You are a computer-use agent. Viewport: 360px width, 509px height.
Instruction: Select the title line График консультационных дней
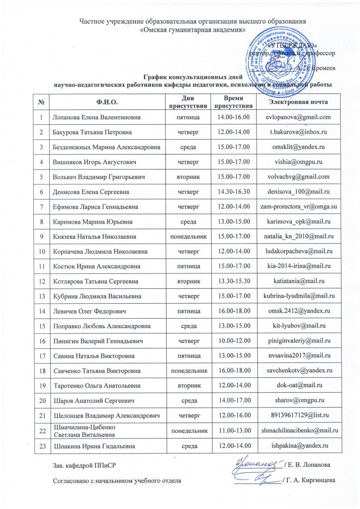pos(192,78)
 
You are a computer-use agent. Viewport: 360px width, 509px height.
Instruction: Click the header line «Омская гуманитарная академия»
pos(192,29)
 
